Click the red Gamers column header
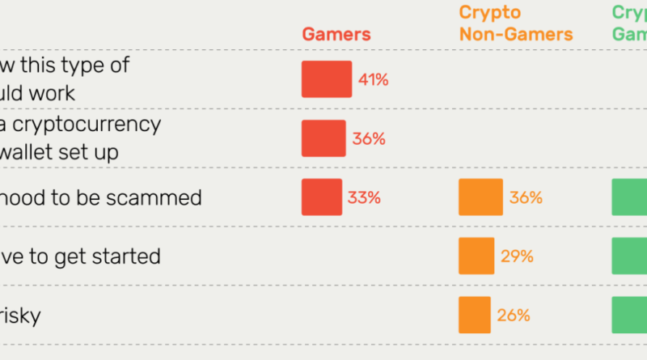(336, 34)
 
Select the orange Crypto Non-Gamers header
(515, 23)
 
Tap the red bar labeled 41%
(327, 79)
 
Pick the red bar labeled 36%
(323, 138)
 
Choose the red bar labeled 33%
(322, 197)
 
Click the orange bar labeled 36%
(480, 197)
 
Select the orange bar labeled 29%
(476, 256)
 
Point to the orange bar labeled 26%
(474, 316)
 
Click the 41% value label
(373, 79)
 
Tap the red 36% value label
(368, 138)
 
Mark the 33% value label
(364, 197)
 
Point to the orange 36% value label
(526, 197)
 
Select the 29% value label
(517, 256)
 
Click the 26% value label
(514, 316)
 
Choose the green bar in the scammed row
(629, 197)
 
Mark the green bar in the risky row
(629, 316)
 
